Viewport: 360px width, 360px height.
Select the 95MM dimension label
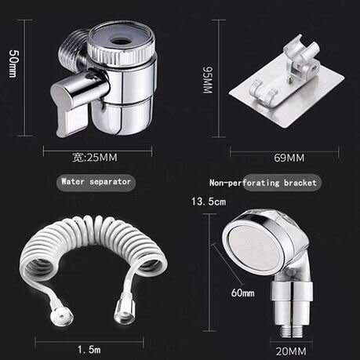click(x=208, y=81)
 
